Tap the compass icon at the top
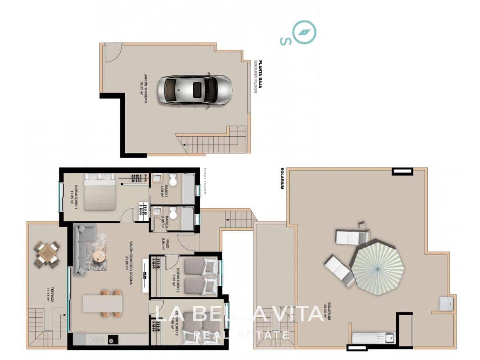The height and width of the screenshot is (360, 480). coord(304,32)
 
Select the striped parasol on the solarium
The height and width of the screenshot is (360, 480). coord(377,268)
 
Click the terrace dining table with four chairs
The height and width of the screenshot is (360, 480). coord(47,254)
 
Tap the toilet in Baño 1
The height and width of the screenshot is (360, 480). coord(173,180)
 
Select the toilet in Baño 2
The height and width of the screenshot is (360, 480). coord(173,213)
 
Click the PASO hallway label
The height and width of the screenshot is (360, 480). coord(165,244)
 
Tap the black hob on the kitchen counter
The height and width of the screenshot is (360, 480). coord(112,339)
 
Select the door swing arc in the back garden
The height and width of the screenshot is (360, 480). coord(113,53)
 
